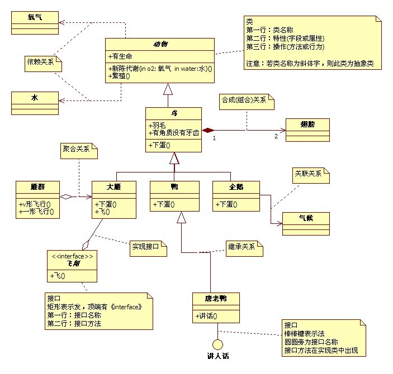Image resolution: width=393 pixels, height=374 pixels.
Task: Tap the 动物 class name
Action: point(160,44)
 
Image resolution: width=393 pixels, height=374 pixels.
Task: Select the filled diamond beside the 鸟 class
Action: point(208,130)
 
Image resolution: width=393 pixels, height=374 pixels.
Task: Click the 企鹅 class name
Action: point(236,186)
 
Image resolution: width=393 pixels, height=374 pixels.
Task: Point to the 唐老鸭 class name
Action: point(216,298)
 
